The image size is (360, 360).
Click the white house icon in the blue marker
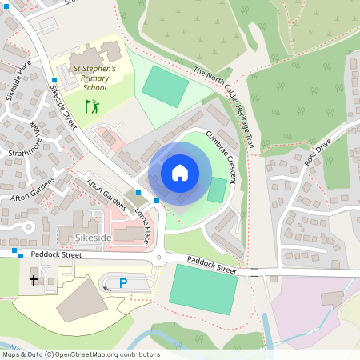180,173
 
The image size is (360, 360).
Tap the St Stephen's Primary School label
95,79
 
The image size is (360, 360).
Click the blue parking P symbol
123,282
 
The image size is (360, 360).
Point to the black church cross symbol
34,280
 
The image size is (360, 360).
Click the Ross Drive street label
317,154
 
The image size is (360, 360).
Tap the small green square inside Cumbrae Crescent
217,190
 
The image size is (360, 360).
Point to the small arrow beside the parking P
106,288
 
